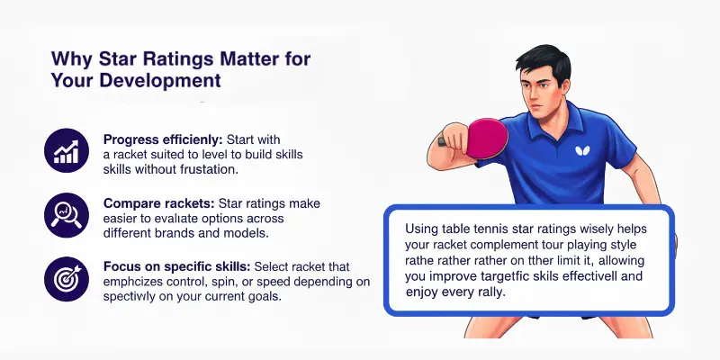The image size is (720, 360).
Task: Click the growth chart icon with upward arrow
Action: coord(67,151)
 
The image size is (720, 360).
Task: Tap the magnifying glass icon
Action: coord(67,214)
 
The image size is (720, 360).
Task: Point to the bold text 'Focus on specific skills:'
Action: coord(177,267)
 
